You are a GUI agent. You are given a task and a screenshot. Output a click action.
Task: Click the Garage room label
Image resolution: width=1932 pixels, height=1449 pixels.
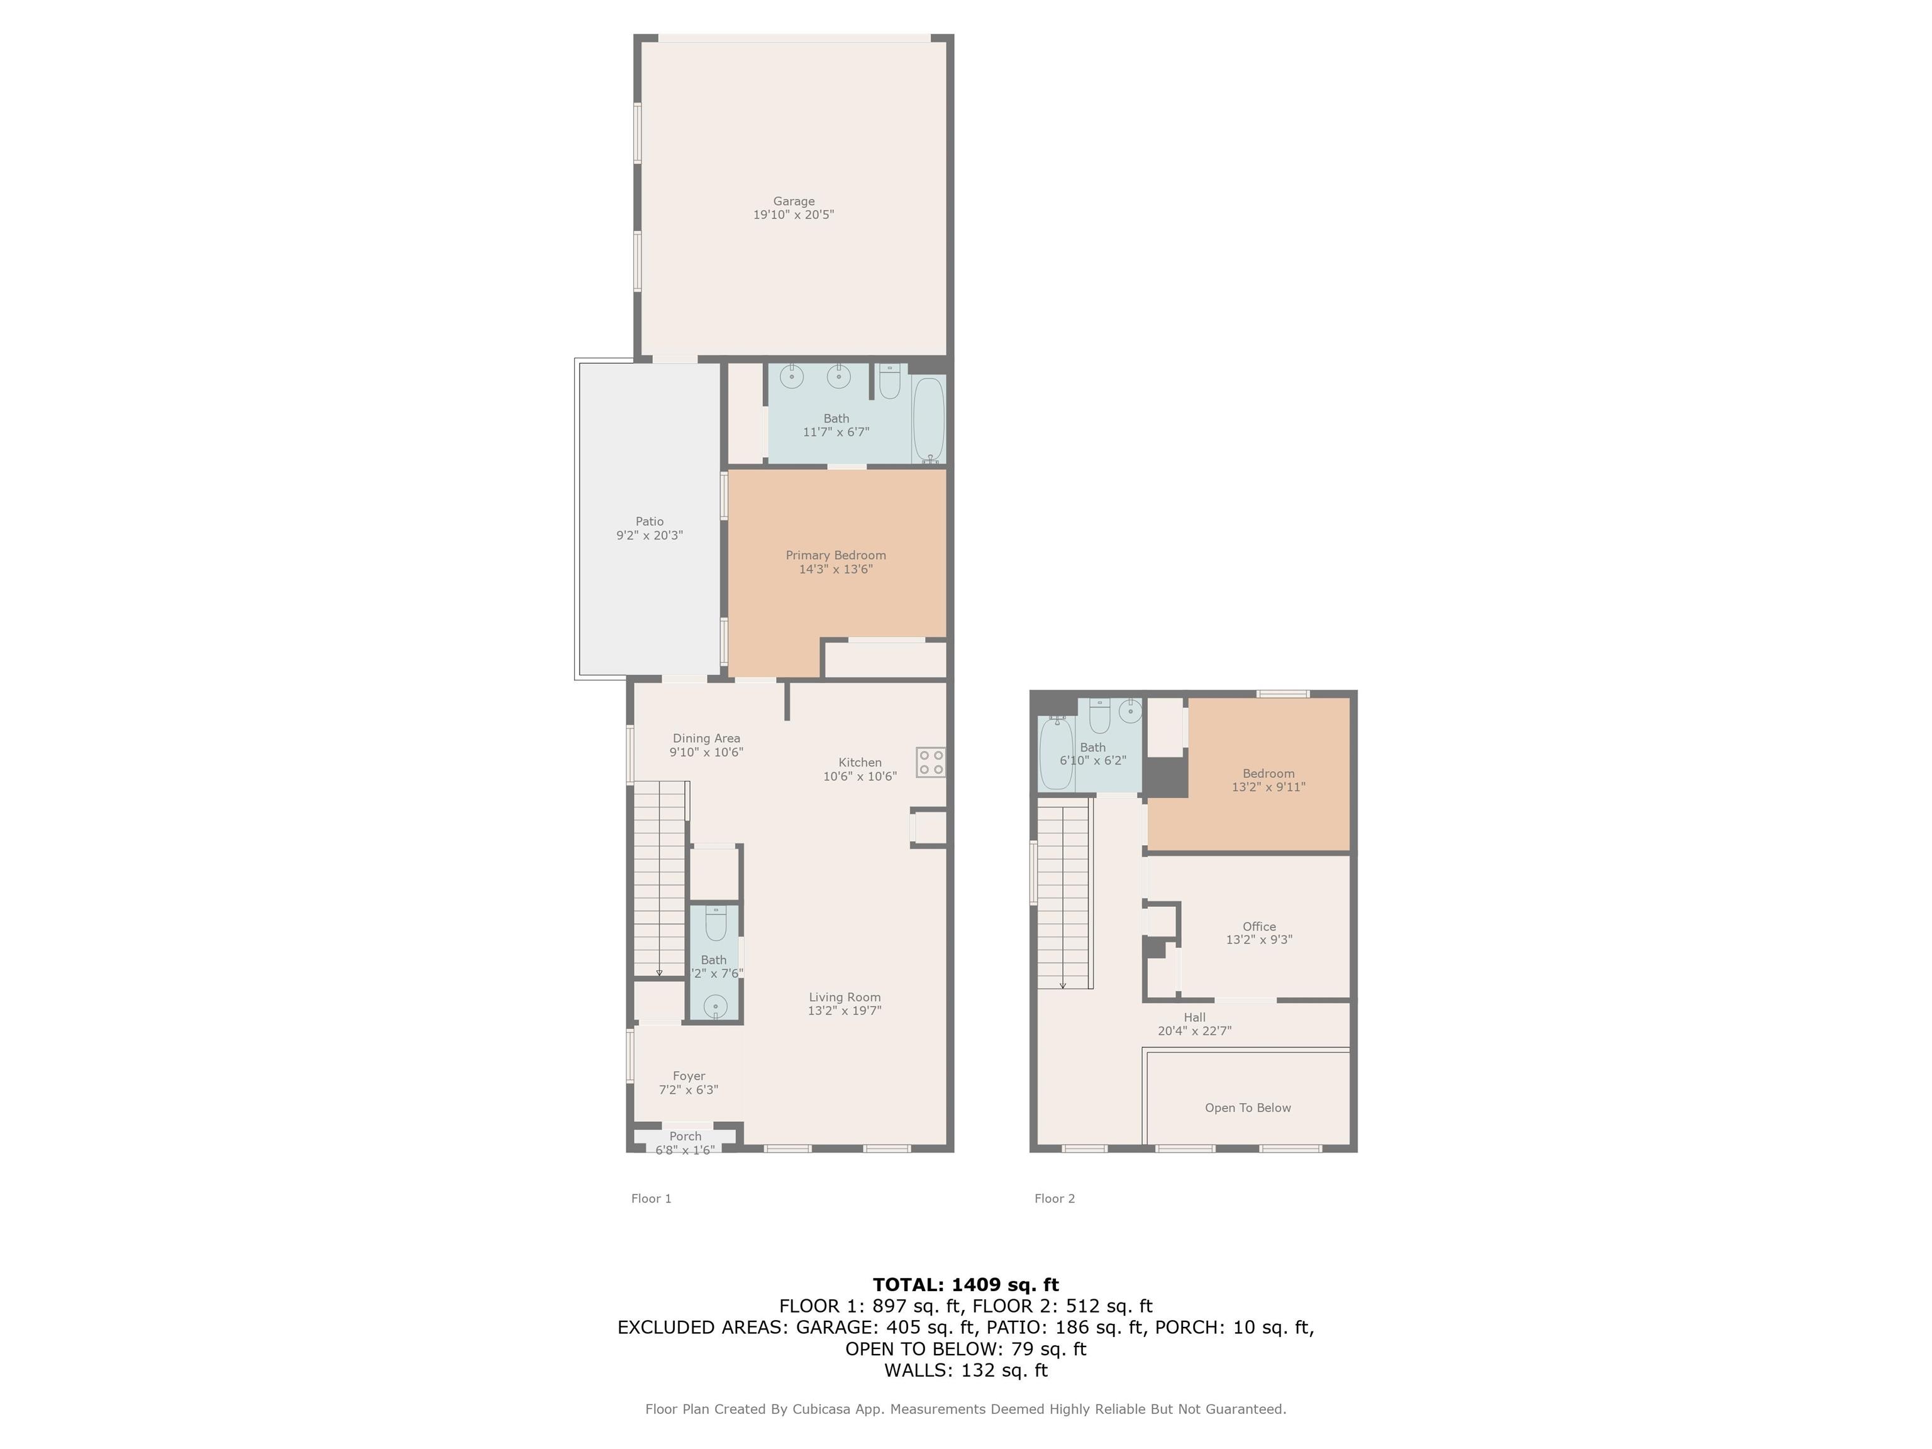coord(793,201)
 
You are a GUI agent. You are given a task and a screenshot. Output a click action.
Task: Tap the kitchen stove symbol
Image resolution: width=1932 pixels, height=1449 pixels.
coord(931,762)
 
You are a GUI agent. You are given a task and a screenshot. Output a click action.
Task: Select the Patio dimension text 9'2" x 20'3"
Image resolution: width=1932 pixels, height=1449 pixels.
coord(649,535)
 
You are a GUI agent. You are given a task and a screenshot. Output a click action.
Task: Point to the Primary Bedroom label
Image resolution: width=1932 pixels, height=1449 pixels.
coord(836,555)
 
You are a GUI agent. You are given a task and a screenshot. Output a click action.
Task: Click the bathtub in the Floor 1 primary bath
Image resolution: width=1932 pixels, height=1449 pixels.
coord(928,419)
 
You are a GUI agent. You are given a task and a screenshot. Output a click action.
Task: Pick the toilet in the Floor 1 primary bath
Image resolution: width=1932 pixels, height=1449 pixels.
coord(889,381)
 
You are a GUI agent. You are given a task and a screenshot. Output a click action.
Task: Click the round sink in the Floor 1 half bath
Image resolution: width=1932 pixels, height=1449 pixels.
coord(715,1007)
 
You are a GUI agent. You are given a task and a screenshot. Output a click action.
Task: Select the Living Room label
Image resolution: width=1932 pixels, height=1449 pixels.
coord(845,997)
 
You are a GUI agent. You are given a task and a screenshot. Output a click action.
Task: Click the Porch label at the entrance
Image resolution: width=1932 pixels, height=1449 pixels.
coord(686,1136)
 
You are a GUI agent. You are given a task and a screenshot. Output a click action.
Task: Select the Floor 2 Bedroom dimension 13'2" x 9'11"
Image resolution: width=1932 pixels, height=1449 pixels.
coord(1269,787)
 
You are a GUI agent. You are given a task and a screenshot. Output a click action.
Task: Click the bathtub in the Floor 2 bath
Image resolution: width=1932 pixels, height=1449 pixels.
coord(1056,753)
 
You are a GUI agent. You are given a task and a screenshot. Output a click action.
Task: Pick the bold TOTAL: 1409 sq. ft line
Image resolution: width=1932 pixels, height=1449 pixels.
coord(965,1285)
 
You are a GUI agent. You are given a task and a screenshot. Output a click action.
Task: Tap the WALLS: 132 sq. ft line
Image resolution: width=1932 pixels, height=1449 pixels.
coord(965,1370)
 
